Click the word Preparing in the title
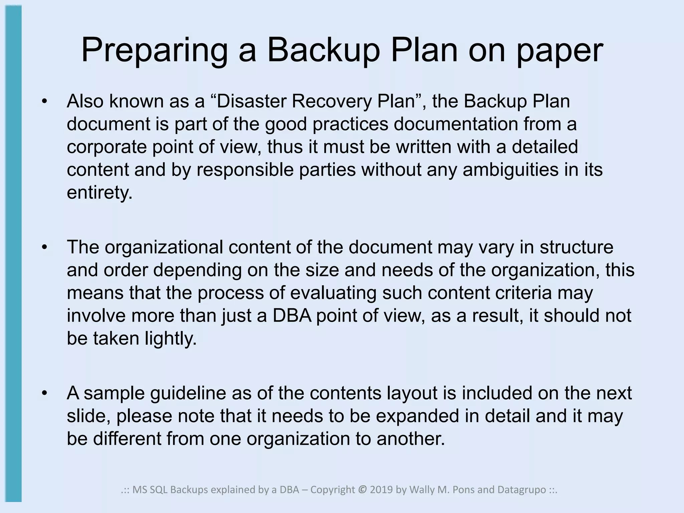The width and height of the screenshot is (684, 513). click(154, 51)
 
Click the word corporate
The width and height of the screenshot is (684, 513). click(107, 147)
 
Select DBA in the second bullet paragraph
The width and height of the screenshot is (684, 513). click(292, 316)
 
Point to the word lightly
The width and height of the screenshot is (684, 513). click(171, 338)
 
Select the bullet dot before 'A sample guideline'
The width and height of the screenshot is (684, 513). click(45, 393)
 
